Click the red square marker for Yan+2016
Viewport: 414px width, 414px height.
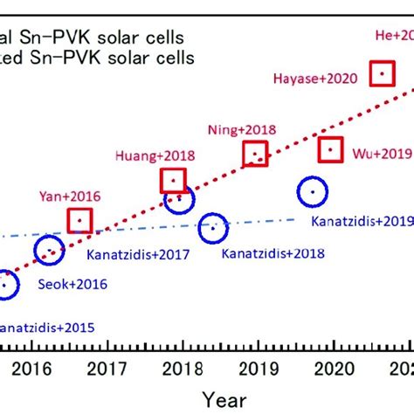(x=80, y=220)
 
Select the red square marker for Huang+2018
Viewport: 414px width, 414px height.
(x=174, y=181)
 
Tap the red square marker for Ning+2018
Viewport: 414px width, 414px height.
(x=255, y=155)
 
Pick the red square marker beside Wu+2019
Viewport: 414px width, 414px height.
(x=330, y=150)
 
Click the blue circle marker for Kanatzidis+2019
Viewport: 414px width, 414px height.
(x=312, y=191)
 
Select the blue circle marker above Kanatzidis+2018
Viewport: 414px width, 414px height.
(x=211, y=229)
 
